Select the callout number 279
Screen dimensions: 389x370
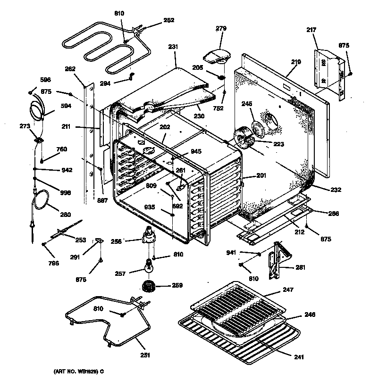click(221, 29)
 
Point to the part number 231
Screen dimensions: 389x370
click(173, 47)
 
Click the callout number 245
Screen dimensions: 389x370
click(247, 104)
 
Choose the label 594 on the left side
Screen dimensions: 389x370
click(66, 106)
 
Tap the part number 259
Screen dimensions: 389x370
click(177, 285)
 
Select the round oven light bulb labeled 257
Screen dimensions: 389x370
click(150, 268)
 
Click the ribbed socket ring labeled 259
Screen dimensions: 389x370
click(150, 286)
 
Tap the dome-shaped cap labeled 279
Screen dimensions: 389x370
click(216, 56)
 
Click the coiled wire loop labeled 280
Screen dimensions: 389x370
click(41, 199)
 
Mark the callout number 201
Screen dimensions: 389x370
click(261, 175)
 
